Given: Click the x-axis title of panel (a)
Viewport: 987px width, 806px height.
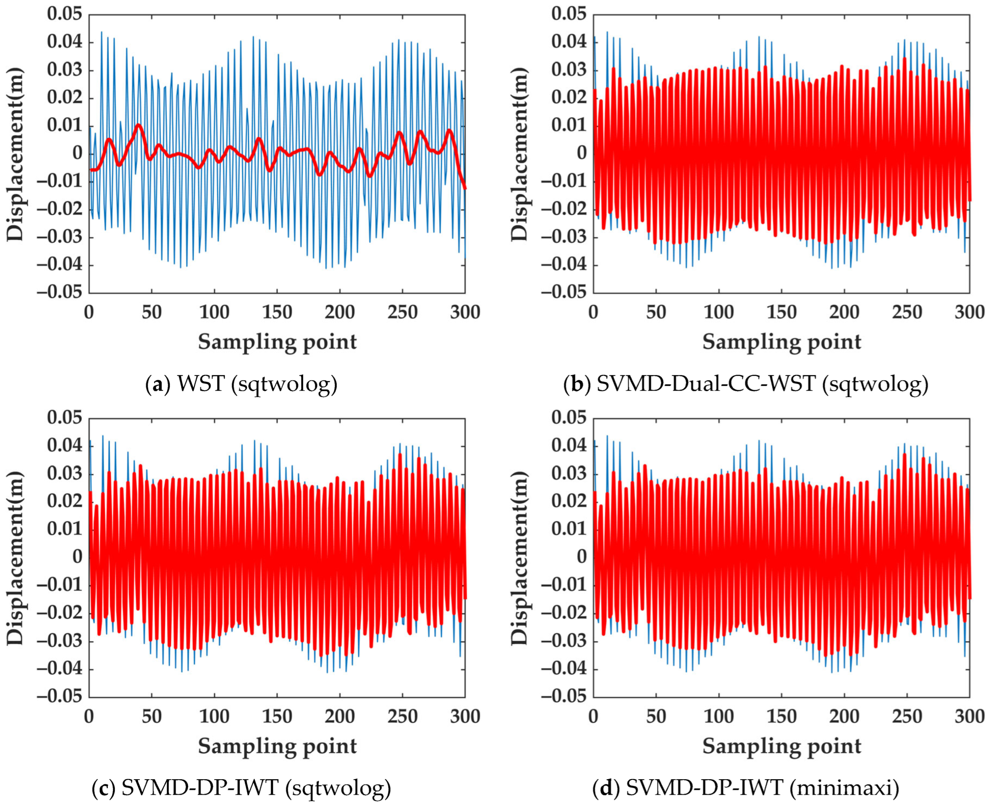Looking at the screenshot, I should click(x=277, y=342).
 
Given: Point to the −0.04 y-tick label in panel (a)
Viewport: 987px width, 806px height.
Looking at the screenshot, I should click(x=59, y=266).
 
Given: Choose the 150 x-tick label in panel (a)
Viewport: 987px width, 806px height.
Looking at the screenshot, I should click(x=277, y=312).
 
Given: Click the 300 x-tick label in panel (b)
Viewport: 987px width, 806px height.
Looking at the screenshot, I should click(x=969, y=312).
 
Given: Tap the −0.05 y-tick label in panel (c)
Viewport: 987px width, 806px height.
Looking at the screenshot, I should click(x=59, y=697).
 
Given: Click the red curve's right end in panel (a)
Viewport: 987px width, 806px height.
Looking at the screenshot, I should click(x=465, y=188).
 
